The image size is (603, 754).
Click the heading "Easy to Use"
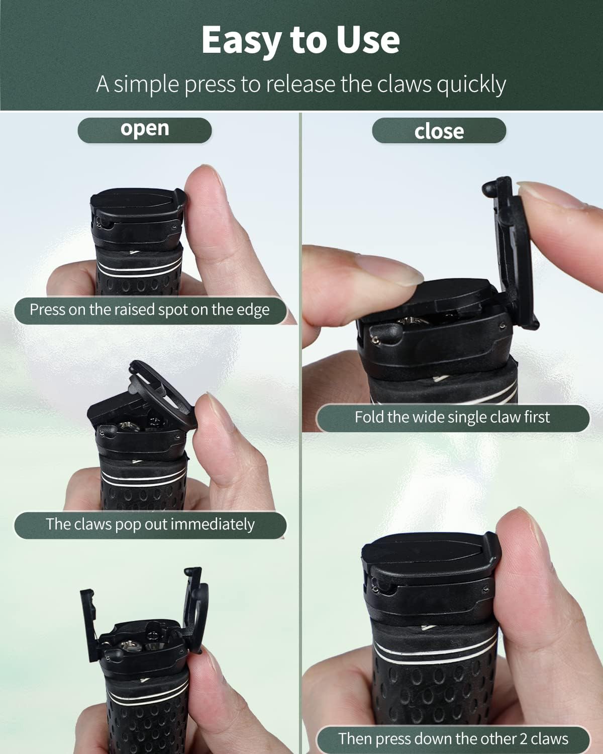(x=300, y=40)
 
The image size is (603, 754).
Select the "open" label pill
(x=145, y=130)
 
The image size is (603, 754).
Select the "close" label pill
(x=439, y=131)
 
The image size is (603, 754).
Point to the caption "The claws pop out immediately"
(x=150, y=525)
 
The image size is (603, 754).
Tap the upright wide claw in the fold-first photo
(x=512, y=252)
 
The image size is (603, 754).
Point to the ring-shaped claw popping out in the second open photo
(x=163, y=394)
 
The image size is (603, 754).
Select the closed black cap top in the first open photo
(x=137, y=203)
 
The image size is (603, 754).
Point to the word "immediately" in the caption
(x=213, y=525)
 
